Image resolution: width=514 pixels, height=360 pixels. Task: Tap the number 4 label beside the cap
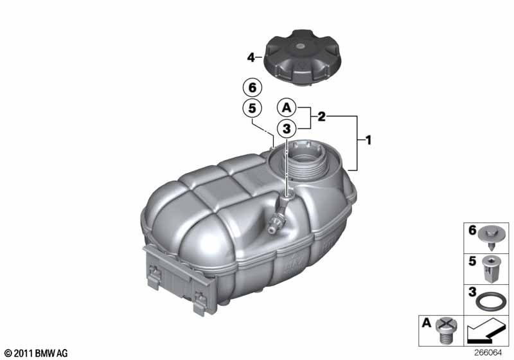(x=251, y=57)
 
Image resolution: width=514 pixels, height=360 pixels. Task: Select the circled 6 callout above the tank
(x=251, y=86)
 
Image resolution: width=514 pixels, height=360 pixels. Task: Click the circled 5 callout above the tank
(x=251, y=108)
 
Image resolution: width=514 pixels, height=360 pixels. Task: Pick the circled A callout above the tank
(x=286, y=107)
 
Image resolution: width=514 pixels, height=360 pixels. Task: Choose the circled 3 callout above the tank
(x=286, y=129)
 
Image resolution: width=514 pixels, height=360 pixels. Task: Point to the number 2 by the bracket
(x=321, y=117)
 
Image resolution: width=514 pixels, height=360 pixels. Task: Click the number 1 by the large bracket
(x=367, y=139)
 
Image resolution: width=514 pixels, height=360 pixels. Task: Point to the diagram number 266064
(x=491, y=353)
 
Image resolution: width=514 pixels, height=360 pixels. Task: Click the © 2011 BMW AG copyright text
(x=35, y=353)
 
